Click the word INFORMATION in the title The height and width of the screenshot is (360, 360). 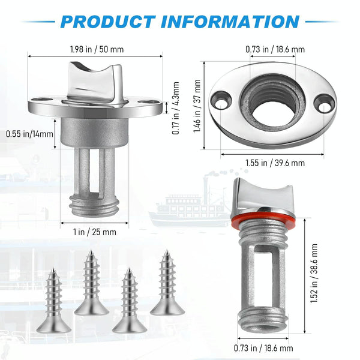tap(230, 22)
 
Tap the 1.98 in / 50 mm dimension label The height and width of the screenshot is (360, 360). tap(97, 49)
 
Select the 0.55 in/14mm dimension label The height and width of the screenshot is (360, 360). tap(29, 134)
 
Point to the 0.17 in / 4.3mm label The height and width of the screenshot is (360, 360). tap(176, 108)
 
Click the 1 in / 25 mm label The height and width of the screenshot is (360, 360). tap(95, 232)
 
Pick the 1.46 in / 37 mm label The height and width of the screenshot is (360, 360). tap(197, 106)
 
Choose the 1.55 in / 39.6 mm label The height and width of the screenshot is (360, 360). tap(275, 163)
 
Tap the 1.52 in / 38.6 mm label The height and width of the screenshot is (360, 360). tap(314, 273)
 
